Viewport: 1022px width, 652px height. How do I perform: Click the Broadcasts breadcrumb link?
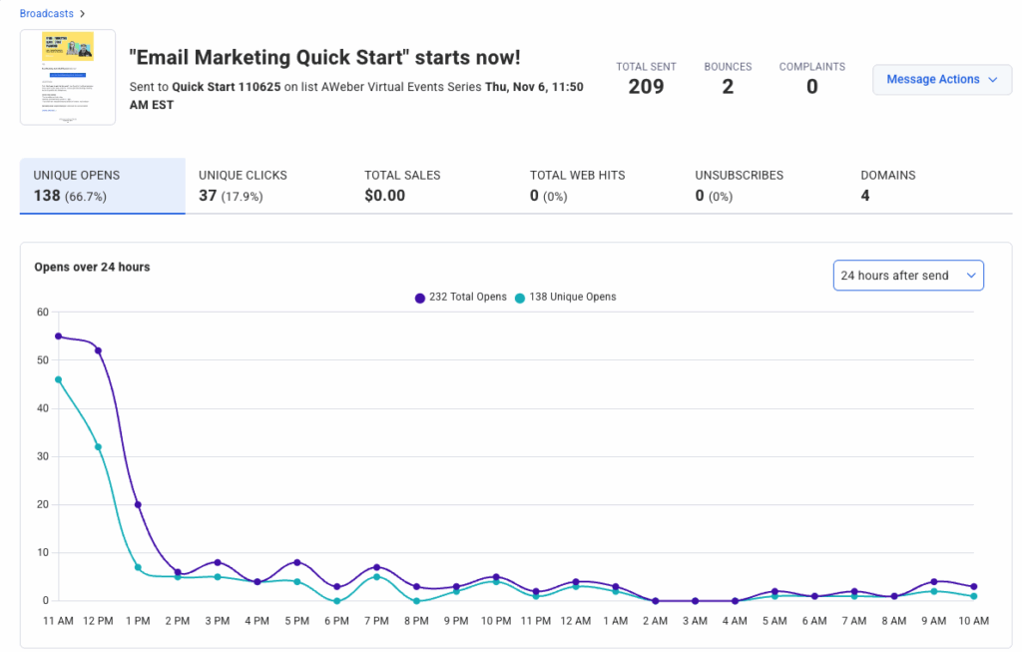[x=47, y=14]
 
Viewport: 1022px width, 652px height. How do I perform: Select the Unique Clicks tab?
[x=243, y=185]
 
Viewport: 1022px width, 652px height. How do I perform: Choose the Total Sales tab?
[x=402, y=185]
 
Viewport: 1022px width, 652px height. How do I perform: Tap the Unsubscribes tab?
[x=739, y=185]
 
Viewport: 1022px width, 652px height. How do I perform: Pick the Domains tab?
[x=887, y=185]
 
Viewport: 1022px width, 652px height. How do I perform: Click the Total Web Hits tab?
[x=577, y=185]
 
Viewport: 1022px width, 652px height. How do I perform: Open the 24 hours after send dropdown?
[x=907, y=276]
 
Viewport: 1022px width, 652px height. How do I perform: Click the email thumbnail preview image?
[x=68, y=77]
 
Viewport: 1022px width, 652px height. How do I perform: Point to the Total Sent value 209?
[x=646, y=87]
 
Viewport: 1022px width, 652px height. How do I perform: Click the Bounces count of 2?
[x=728, y=87]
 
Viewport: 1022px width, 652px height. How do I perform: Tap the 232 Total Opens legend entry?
[x=461, y=298]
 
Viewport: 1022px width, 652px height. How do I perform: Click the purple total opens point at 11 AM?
[x=59, y=336]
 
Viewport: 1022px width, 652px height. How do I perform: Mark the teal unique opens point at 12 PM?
[x=98, y=446]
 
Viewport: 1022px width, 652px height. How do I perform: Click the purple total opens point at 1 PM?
[x=138, y=504]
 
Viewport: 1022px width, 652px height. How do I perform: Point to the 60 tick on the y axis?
[x=42, y=312]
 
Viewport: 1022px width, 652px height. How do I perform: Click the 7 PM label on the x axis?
[x=375, y=621]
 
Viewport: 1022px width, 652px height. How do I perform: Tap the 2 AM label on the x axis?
[x=655, y=621]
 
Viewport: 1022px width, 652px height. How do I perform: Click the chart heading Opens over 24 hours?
[x=92, y=268]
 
